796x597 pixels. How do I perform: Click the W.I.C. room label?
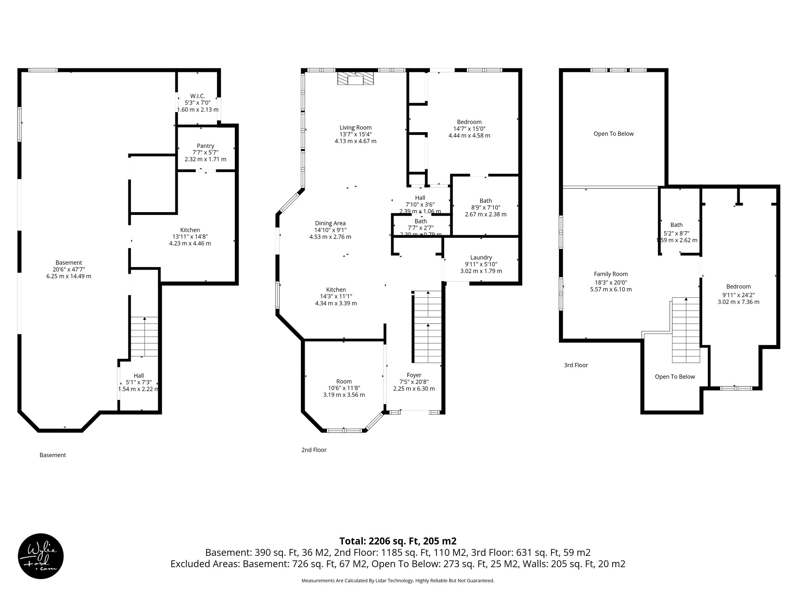coord(197,96)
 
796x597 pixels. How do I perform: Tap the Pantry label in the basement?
coord(205,146)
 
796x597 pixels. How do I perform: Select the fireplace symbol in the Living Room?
coord(355,79)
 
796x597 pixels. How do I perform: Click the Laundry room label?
coord(481,257)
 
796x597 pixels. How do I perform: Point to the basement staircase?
coord(144,337)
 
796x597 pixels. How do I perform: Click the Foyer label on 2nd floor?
coord(414,375)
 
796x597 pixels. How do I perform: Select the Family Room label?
coord(611,274)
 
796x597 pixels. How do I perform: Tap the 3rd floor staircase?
coord(686,330)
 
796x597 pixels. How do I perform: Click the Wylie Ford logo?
coord(41,556)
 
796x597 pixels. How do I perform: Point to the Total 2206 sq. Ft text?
coord(398,541)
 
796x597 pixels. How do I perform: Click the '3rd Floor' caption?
coord(576,365)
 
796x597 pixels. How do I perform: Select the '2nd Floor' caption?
coord(314,450)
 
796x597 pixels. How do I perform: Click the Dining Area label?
coord(330,223)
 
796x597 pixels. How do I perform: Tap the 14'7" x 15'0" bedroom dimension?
coord(469,129)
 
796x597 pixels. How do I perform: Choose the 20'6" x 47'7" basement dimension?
coord(69,269)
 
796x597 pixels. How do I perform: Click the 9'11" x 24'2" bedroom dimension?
coord(738,295)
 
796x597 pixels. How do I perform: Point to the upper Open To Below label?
coord(613,134)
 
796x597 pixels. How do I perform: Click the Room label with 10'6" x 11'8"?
coord(344,381)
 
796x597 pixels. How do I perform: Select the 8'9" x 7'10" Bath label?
coord(485,201)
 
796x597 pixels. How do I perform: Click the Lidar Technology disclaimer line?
coord(398,581)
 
